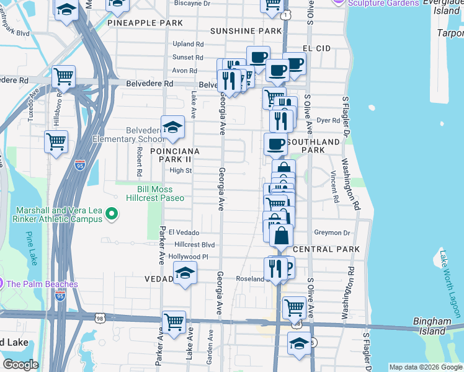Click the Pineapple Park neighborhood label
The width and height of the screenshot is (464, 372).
coord(145,23)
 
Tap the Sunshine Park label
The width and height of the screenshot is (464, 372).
coord(246,31)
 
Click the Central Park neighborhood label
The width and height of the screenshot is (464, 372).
coord(326,249)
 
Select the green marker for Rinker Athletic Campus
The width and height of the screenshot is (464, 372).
coord(112,215)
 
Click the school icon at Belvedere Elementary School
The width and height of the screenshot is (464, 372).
coord(172,127)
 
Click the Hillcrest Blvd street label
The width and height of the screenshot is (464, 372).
coord(194,245)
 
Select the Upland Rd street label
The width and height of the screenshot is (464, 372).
coord(188,44)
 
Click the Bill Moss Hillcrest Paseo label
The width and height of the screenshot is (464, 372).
coord(161,193)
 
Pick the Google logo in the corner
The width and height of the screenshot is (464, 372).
coord(20,365)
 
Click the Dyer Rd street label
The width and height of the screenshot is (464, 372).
coord(329,121)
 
